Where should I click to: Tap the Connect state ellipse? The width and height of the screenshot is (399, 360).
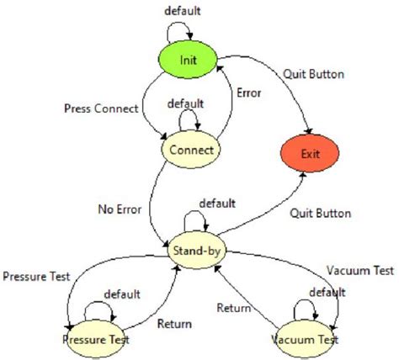tap(190, 149)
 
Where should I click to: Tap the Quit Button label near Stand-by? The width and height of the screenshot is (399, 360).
tap(321, 213)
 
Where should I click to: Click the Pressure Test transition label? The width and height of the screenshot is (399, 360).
tap(36, 275)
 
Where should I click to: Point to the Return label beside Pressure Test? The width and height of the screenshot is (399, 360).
tap(174, 324)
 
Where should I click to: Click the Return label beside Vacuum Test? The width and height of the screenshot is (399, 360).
tap(233, 308)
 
